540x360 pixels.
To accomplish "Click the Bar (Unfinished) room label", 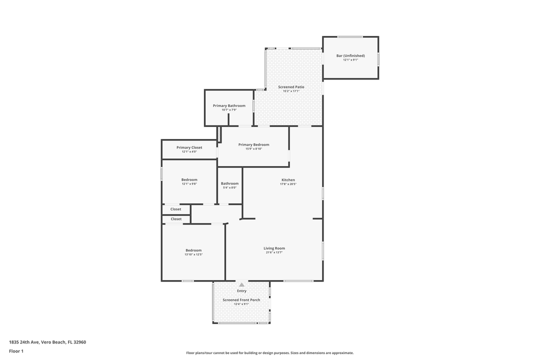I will tap(350, 55).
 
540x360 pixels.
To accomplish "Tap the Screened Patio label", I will tap(291, 87).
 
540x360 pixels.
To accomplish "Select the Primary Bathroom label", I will tap(229, 105).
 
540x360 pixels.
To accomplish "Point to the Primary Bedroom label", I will tap(253, 144).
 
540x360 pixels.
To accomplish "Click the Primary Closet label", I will tap(189, 147).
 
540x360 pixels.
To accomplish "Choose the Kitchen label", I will tap(288, 180).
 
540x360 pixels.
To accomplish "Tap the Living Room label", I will tap(274, 248).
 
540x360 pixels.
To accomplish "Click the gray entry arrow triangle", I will tap(241, 284).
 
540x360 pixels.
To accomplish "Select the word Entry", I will tap(241, 291).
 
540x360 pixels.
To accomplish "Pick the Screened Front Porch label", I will tap(241, 300).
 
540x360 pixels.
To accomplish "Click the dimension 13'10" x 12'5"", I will tap(193, 254).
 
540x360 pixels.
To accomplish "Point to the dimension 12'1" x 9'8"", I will tap(189, 184).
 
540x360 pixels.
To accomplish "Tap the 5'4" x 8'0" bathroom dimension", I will tap(229, 187).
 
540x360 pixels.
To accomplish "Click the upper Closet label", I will tap(176, 209).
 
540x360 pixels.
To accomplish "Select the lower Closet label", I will tap(176, 219).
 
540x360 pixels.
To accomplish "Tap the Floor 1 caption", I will tap(16, 351).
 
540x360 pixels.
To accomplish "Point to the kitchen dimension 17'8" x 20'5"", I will tap(288, 184).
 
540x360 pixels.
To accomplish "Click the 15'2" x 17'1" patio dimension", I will tap(291, 91).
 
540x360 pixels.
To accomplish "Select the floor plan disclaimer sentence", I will tap(270, 352).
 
